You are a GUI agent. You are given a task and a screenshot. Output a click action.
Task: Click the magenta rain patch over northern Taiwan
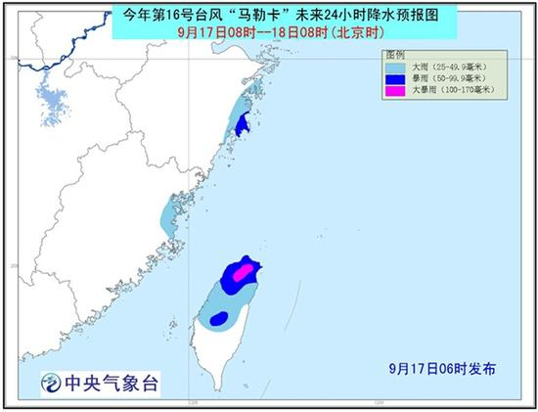pos(247,270)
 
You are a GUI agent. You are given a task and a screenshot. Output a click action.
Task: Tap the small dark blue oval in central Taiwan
pos(220,317)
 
